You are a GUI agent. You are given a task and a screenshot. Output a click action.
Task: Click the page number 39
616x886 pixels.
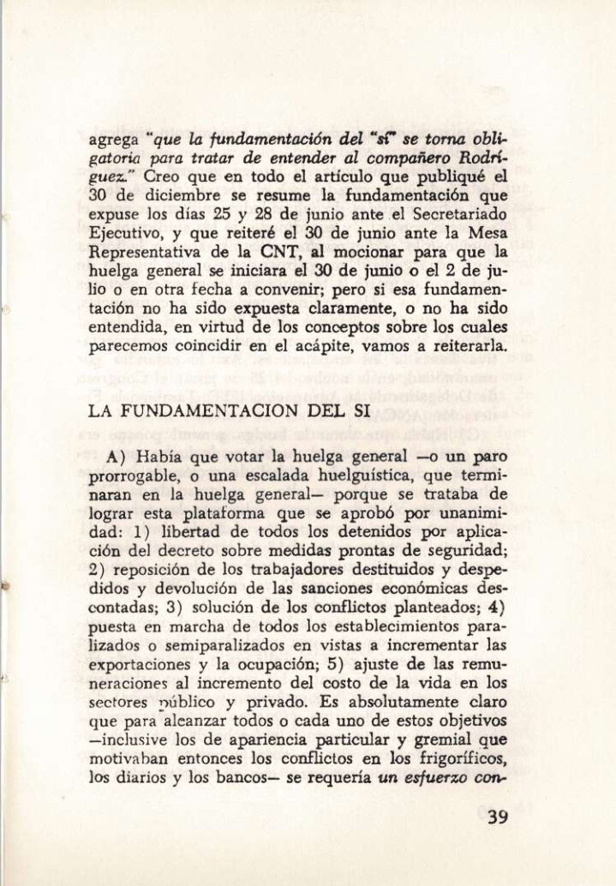click(x=496, y=817)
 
